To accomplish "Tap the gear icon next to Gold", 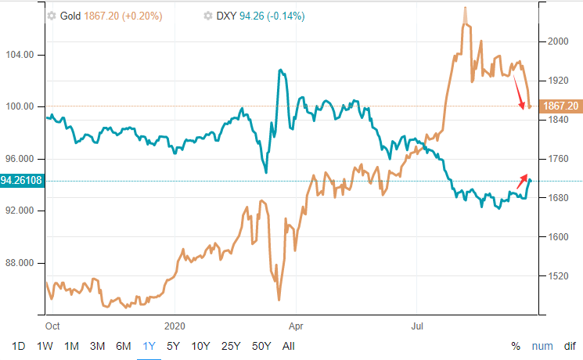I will tap(52, 16).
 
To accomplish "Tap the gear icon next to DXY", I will tap(207, 16).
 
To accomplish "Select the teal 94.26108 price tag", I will tap(22, 181).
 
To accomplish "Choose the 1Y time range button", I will tap(149, 346).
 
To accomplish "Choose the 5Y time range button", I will tap(174, 346).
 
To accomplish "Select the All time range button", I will tap(289, 346).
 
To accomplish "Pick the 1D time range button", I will tap(20, 346).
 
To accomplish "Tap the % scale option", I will tap(516, 346).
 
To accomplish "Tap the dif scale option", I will tap(569, 346).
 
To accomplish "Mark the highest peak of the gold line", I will tap(466, 9).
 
